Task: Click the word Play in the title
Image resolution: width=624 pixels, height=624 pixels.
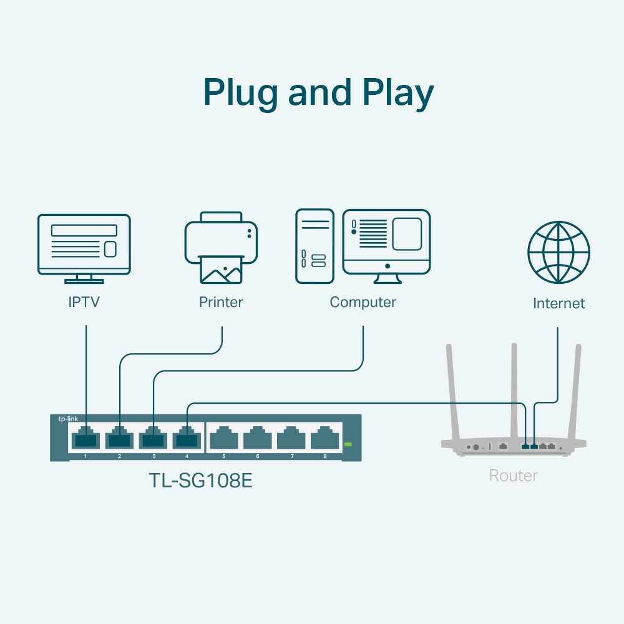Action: tap(397, 94)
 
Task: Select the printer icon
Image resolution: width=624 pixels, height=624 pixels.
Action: tap(221, 246)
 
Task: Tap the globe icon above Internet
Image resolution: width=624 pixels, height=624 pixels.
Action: tap(558, 252)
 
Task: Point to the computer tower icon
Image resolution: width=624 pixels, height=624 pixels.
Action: tap(314, 246)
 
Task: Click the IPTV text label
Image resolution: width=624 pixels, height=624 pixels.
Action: tap(84, 303)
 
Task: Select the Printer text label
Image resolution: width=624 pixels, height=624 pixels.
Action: tap(221, 303)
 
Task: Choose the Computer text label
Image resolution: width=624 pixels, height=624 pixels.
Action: tap(363, 303)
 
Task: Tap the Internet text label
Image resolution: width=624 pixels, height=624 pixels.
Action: tap(558, 304)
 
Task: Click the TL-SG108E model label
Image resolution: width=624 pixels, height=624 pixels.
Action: tap(200, 481)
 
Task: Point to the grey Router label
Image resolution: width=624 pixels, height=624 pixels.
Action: tap(513, 476)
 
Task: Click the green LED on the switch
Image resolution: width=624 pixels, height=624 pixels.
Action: tap(348, 444)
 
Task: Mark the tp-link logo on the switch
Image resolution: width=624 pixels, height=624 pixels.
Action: tap(66, 419)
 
